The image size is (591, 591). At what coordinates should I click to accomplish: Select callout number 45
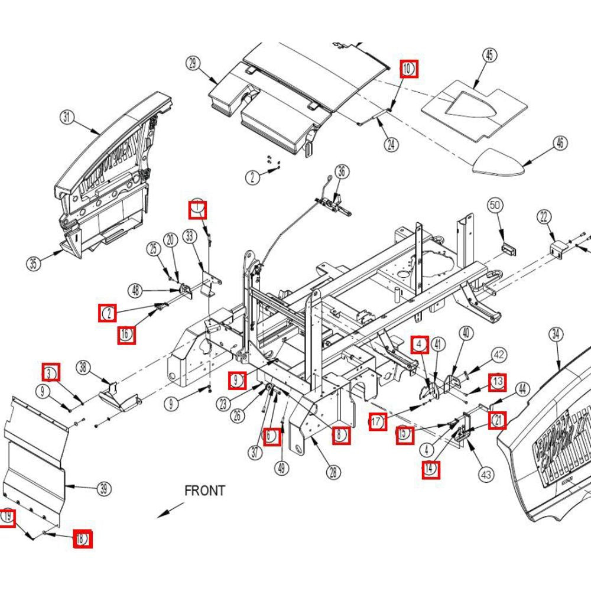pyautogui.click(x=489, y=56)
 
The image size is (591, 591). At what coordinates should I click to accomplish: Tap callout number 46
pyautogui.click(x=560, y=142)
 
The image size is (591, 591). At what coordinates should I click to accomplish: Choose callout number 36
pyautogui.click(x=341, y=172)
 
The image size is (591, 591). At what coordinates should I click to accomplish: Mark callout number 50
pyautogui.click(x=495, y=206)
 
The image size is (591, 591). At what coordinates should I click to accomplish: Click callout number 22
pyautogui.click(x=544, y=217)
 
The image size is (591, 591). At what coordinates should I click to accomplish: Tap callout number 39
pyautogui.click(x=103, y=489)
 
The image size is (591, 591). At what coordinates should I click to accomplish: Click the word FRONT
pyautogui.click(x=204, y=491)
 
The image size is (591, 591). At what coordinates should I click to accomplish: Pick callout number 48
pyautogui.click(x=136, y=290)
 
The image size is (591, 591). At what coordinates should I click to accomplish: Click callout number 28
pyautogui.click(x=334, y=472)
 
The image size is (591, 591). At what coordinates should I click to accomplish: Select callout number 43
pyautogui.click(x=486, y=474)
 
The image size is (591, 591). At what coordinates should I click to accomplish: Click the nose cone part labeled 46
pyautogui.click(x=499, y=163)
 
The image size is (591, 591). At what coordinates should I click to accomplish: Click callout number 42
pyautogui.click(x=499, y=355)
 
